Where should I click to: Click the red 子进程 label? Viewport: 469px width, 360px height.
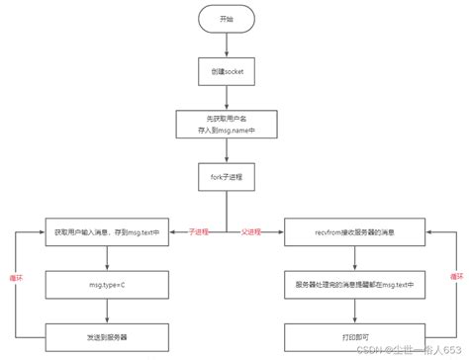click(x=199, y=232)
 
